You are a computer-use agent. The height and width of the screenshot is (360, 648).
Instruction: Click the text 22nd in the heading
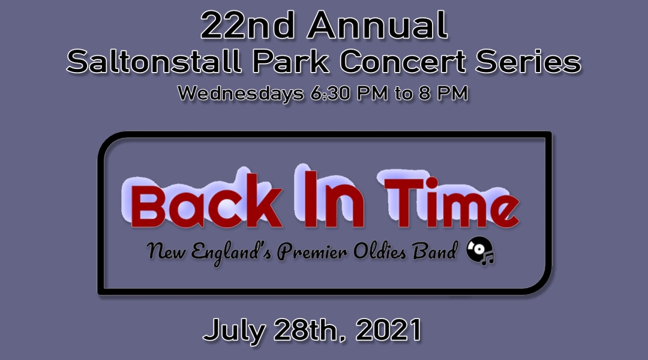pos(247,25)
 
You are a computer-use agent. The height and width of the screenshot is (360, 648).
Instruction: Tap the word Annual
pos(377,25)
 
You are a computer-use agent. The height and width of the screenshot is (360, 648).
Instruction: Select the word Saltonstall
pos(154,62)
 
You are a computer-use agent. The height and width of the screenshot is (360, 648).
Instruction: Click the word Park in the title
pos(290,62)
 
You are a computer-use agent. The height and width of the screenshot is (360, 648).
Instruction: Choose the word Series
pos(528,62)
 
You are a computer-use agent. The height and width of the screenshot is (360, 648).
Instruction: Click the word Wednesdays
pos(241,94)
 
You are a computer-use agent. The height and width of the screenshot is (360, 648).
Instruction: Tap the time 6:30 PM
pos(349,93)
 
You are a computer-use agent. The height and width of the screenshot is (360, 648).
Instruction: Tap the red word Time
pos(451,203)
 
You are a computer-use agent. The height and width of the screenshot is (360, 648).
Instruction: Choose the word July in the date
pos(234,331)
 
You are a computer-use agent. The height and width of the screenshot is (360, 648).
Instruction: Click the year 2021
pos(388,330)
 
